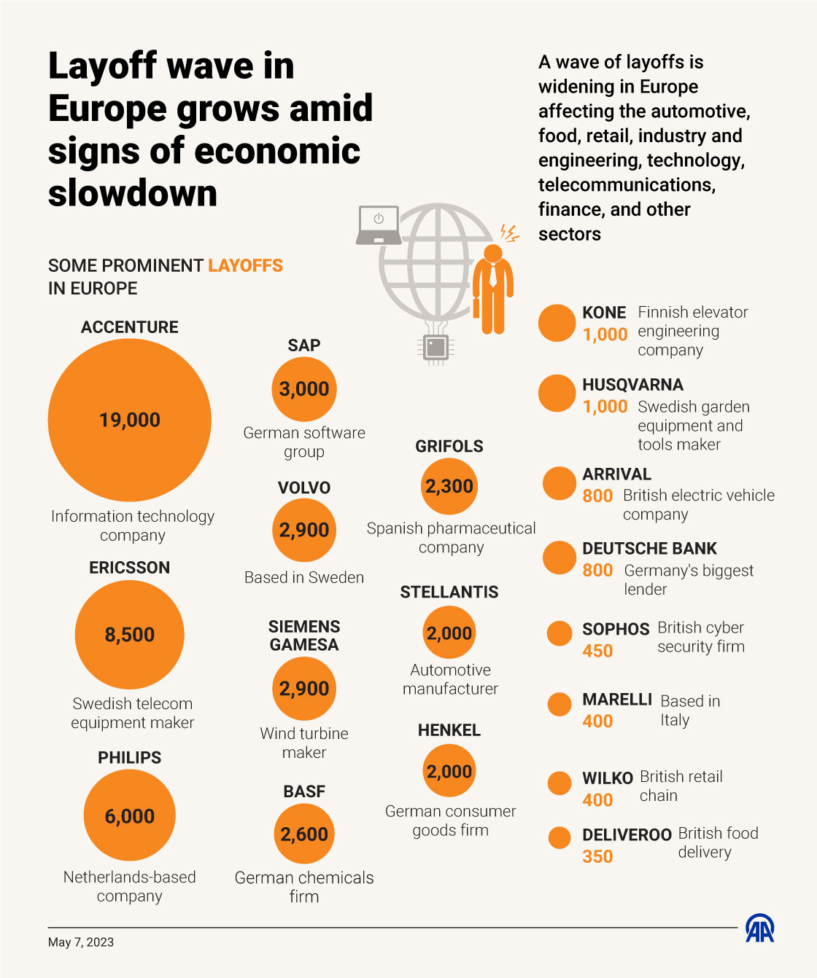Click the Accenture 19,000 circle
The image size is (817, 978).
coord(130,420)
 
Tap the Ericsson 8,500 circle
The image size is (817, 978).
coord(130,635)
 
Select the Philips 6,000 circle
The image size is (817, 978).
coord(130,815)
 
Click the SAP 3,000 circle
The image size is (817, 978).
coord(304,389)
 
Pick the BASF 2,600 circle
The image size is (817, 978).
coord(304,834)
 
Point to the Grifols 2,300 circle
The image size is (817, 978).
coord(449,486)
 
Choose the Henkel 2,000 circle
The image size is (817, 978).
coord(449,771)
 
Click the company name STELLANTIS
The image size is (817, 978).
coord(449,592)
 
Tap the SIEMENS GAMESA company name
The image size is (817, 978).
coord(304,635)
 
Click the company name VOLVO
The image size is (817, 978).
coord(304,488)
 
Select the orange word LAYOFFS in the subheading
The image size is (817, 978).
coord(245,265)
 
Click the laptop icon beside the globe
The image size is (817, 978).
coord(379,225)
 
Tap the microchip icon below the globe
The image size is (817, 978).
coord(436,347)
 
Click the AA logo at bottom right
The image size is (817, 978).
coord(759,928)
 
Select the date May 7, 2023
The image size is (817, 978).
coord(81,942)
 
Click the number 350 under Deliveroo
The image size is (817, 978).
coord(597,856)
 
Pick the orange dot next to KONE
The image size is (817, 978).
coord(557,323)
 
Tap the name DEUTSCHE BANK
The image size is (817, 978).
coord(649,549)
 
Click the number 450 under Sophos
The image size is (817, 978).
coord(597,651)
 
